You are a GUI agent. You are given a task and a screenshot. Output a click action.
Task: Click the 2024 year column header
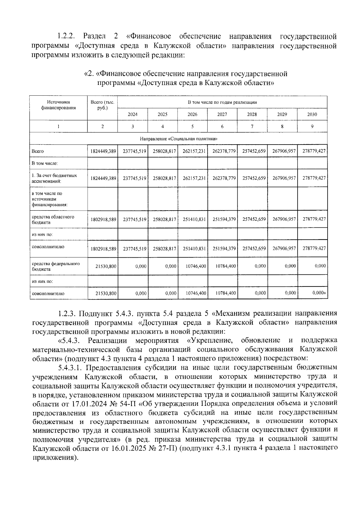133,114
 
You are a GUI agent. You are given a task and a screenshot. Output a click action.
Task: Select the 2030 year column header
312,114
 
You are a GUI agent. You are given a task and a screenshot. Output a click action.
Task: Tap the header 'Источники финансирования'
58,105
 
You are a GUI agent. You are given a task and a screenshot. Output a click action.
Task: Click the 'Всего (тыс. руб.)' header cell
103,105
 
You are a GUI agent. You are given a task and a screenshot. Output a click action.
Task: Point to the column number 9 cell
312,127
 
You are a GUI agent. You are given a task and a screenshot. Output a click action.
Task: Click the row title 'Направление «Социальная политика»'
178,139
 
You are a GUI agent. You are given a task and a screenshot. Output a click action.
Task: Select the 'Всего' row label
38,151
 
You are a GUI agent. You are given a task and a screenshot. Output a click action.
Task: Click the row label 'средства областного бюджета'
53,220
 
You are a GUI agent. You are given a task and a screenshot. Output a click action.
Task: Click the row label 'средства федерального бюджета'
56,266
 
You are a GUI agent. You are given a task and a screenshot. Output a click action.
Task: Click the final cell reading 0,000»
319,293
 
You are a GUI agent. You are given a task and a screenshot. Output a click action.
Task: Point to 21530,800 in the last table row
106,293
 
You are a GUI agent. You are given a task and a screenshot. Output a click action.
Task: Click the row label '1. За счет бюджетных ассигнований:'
54,178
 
